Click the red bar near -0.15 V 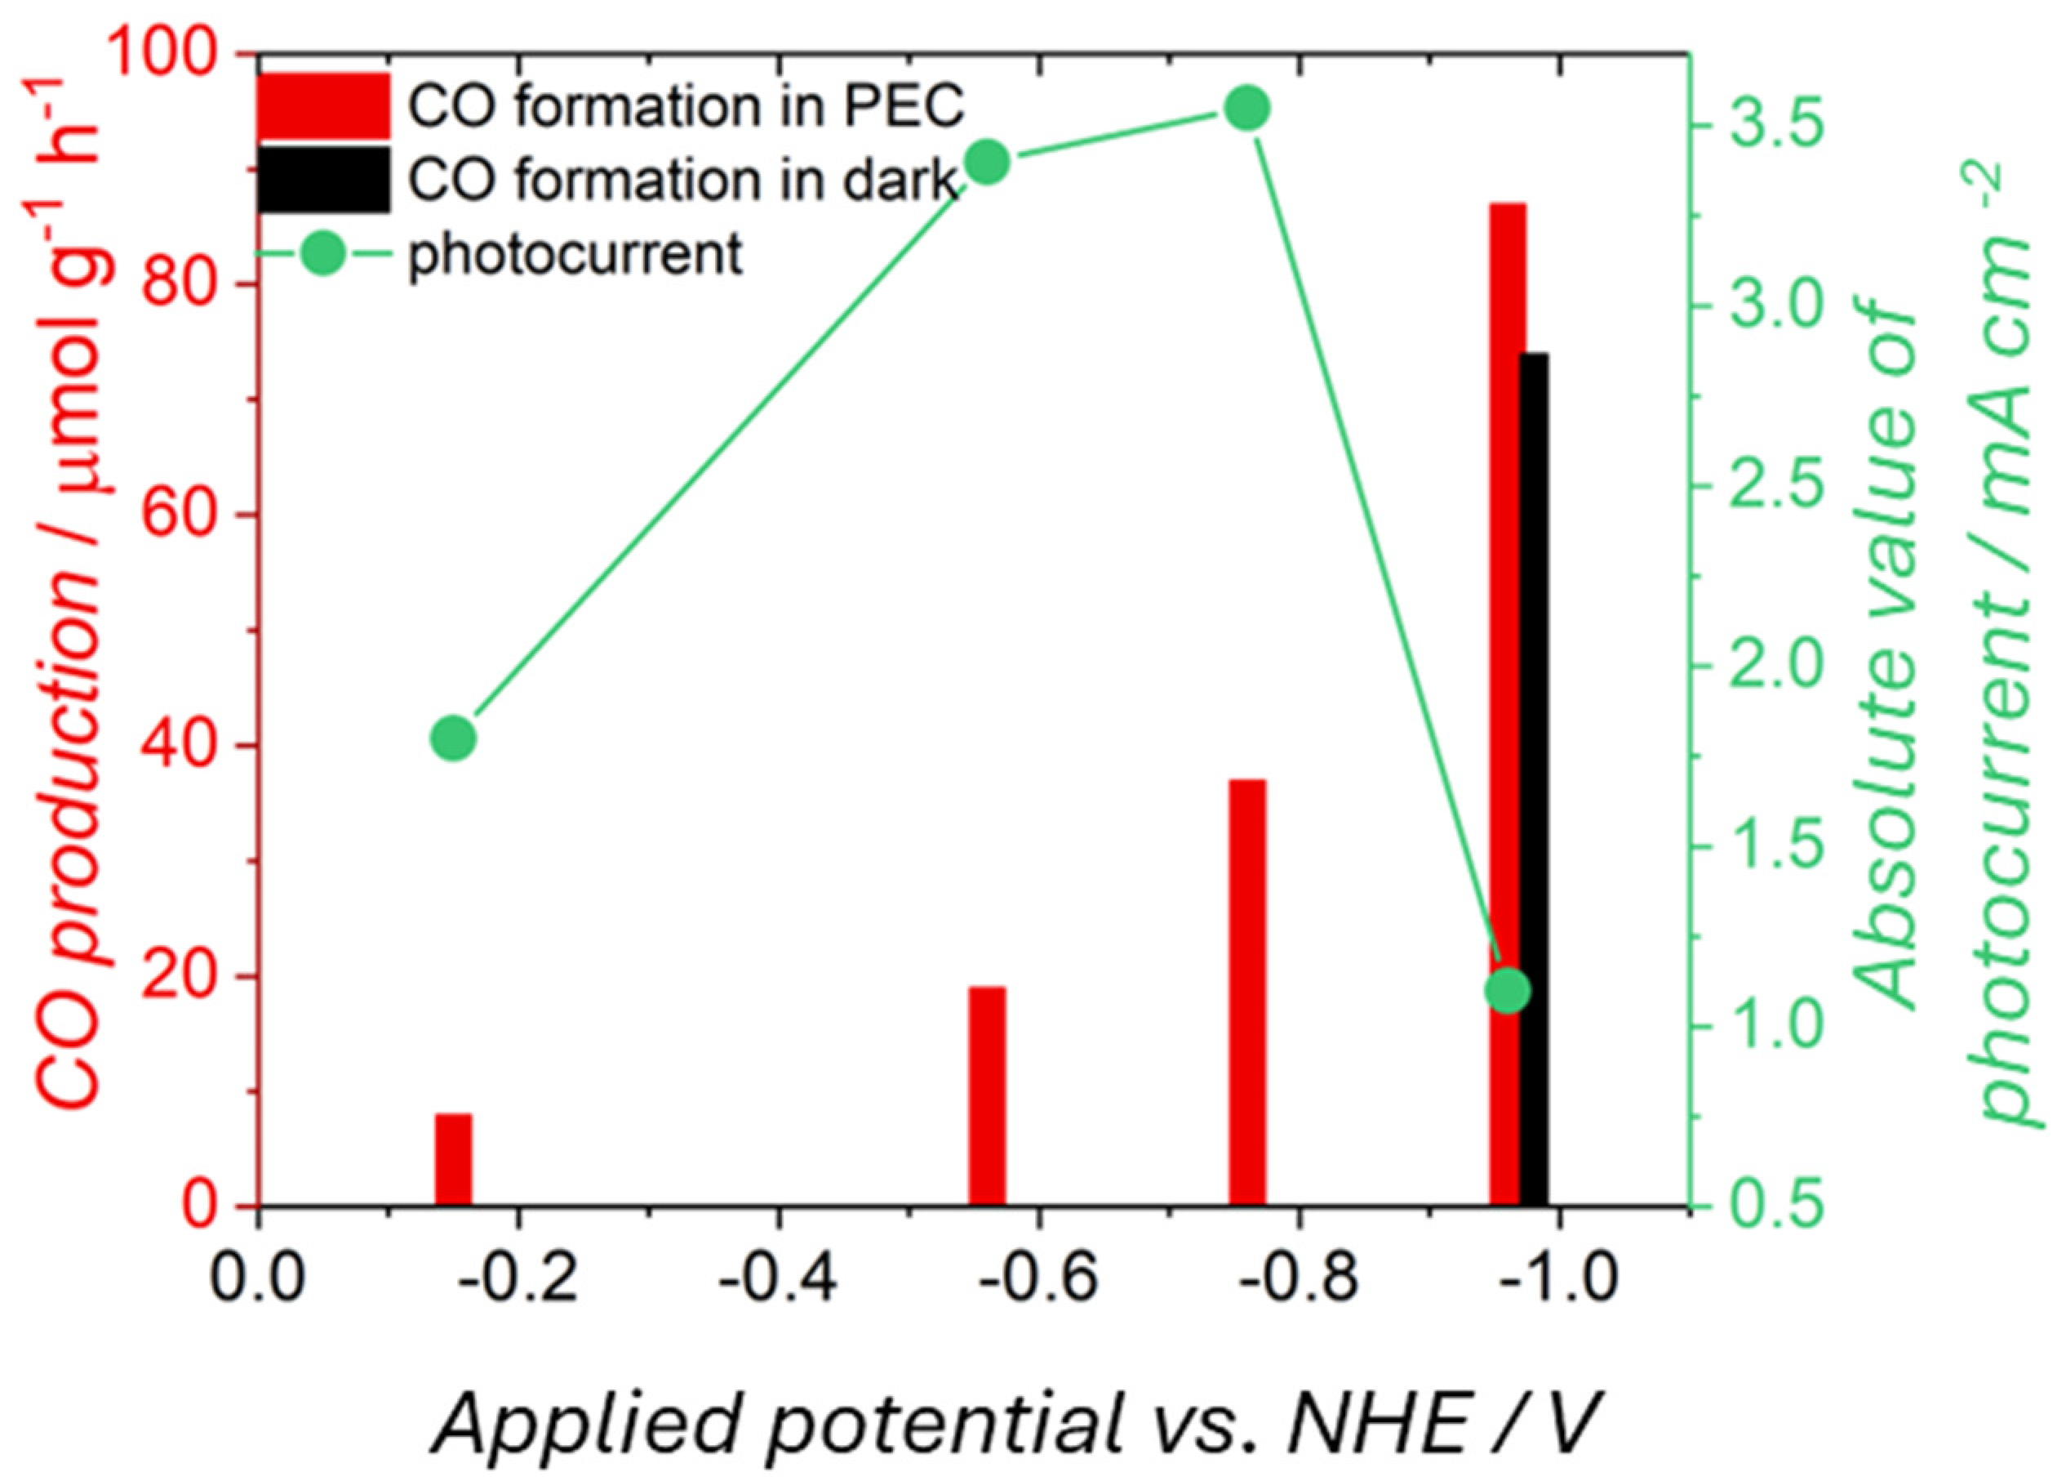pos(453,1158)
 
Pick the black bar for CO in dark pos(1534,779)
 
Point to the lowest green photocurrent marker pos(1507,991)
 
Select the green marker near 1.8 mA pos(453,738)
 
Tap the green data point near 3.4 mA pos(987,163)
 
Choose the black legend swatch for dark pos(322,180)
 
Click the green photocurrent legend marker pos(322,252)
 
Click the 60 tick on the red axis pos(182,515)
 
